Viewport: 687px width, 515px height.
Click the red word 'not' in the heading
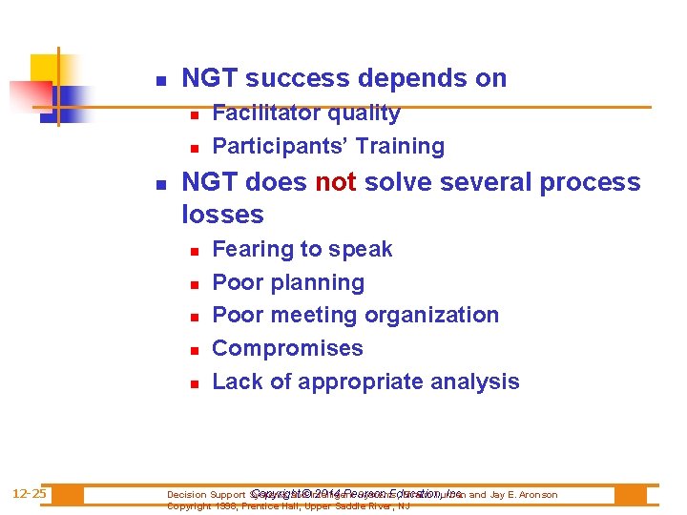pos(334,182)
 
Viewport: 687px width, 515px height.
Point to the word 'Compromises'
pos(287,349)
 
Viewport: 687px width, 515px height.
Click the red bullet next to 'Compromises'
pos(192,350)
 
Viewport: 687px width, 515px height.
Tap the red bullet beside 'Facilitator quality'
pos(192,114)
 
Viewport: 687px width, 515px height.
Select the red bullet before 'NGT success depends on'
pos(161,80)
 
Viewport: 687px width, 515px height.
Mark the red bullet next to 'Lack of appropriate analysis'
pos(192,383)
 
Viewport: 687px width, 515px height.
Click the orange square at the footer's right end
pos(630,495)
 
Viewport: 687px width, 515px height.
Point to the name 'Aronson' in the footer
pos(536,495)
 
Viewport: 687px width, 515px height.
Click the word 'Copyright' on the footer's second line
pos(187,506)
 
